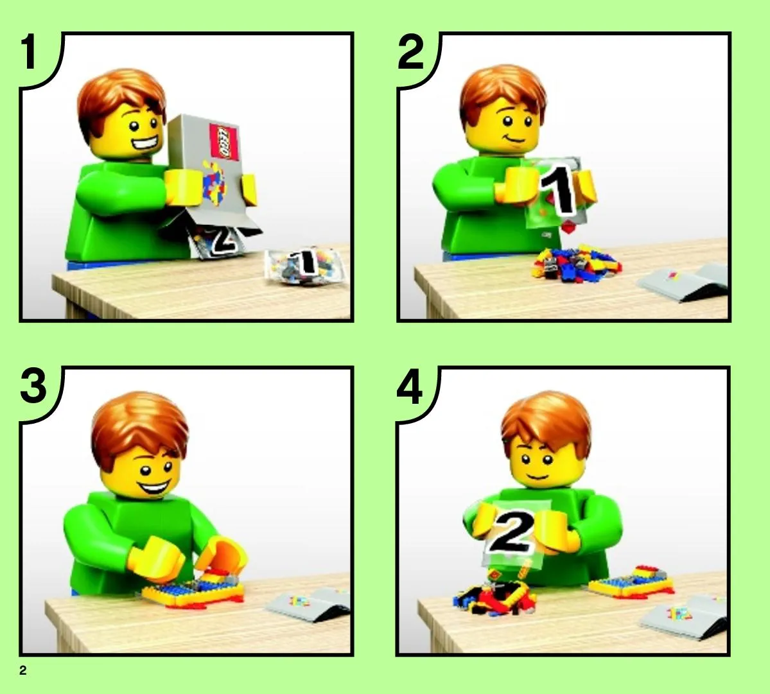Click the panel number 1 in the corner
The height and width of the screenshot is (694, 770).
point(29,52)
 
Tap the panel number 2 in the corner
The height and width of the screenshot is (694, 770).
point(410,53)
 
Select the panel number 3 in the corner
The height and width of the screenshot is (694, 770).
point(33,386)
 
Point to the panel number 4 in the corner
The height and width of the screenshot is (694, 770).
point(410,386)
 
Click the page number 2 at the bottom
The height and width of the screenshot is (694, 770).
point(23,670)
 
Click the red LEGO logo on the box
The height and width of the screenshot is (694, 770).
point(224,141)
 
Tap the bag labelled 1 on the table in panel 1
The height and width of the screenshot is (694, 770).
point(304,266)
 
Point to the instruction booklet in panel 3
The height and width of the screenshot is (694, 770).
point(309,603)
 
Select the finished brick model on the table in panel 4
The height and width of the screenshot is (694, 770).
point(631,582)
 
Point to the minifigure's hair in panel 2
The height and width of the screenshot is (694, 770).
point(503,96)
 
